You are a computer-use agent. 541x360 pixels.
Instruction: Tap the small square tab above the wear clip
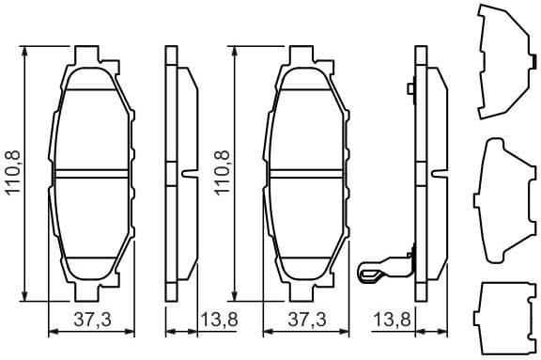point(411,89)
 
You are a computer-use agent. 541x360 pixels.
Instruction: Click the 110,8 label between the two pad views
point(223,169)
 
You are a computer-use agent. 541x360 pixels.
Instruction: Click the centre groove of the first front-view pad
point(92,172)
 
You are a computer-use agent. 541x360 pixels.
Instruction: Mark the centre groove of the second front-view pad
point(306,172)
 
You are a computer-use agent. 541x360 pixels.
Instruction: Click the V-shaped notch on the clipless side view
point(190,172)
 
